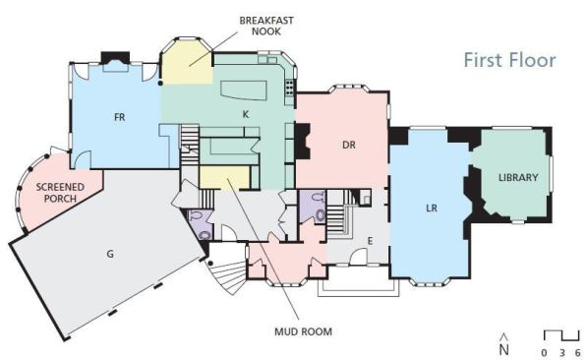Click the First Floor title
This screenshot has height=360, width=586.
(x=509, y=60)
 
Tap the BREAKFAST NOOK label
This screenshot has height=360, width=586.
(x=266, y=26)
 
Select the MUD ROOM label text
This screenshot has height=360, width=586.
(x=303, y=331)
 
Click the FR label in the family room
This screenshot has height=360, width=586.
(x=119, y=117)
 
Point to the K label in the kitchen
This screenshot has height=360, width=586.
(x=246, y=114)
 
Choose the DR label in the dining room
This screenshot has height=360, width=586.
(x=349, y=145)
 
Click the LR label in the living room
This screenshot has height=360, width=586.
(x=432, y=208)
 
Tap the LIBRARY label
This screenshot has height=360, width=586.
(x=518, y=178)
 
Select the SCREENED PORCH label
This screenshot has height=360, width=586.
(x=60, y=193)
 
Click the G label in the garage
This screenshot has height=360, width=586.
(x=110, y=254)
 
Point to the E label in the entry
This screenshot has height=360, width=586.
(x=370, y=241)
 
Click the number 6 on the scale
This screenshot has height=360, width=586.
(x=578, y=352)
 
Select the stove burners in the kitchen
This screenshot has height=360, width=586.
(x=290, y=88)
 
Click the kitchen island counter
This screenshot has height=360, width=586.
(x=243, y=90)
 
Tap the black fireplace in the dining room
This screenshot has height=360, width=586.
(x=303, y=142)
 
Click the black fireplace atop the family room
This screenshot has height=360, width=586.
(x=115, y=58)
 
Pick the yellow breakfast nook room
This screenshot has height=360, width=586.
(x=187, y=62)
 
